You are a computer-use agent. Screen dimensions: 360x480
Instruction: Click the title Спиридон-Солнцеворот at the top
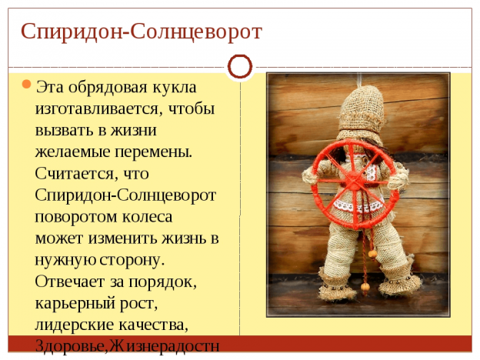coord(141,32)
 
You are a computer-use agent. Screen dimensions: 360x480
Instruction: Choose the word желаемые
coord(72,152)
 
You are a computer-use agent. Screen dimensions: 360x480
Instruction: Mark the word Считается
coord(75,173)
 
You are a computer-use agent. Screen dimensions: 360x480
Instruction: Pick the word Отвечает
coord(70,282)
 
